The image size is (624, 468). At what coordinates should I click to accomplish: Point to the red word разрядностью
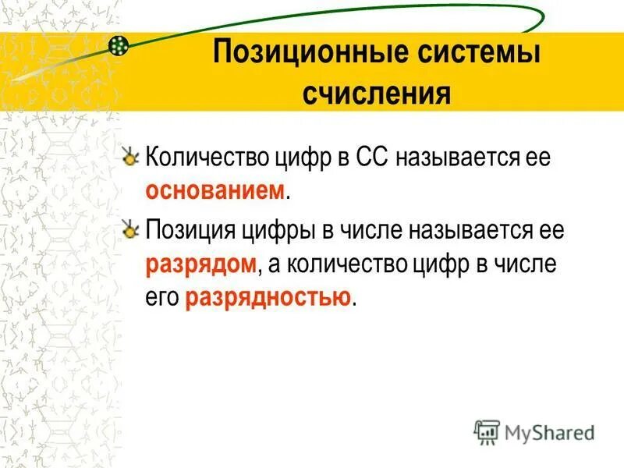[268, 297]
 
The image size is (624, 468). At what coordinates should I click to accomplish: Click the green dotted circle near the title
[118, 45]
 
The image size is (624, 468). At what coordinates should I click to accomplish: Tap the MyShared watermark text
[549, 431]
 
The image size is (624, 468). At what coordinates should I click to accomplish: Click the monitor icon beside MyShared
[487, 431]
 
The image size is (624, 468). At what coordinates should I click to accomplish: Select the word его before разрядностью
[162, 297]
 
